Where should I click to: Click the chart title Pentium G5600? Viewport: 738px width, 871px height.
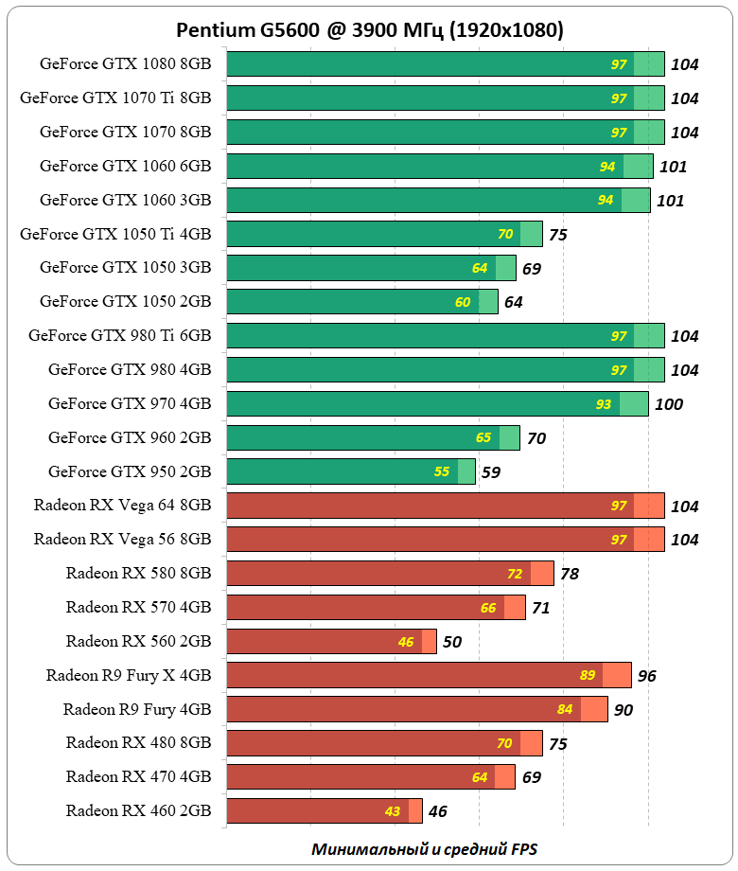pos(369,30)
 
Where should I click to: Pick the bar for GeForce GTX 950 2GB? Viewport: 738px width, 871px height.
pos(350,471)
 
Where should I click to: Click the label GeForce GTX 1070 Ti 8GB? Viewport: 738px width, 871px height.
pos(115,98)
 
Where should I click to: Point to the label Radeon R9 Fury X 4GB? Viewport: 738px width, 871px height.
pos(129,675)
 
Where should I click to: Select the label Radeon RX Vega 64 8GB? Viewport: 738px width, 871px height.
pos(122,506)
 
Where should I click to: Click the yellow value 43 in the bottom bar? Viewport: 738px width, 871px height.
pos(393,811)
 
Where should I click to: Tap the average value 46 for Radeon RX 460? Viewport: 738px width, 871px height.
pos(437,811)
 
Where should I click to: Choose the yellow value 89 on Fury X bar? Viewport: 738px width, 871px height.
pos(588,675)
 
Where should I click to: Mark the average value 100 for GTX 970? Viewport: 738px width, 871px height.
pos(668,404)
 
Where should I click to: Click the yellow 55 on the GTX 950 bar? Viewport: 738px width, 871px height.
pos(442,471)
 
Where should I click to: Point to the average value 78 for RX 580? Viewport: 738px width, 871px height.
pos(569,574)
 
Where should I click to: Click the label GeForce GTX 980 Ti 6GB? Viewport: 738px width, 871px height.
pos(120,335)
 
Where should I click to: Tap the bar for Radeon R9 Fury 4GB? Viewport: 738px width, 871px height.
pos(416,709)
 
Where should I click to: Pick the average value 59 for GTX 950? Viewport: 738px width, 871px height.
pos(491,471)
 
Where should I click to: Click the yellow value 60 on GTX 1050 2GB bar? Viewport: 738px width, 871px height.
pos(463,302)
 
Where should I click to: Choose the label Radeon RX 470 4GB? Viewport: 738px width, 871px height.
pos(138,776)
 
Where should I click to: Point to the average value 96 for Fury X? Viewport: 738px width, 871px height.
pos(646,676)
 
